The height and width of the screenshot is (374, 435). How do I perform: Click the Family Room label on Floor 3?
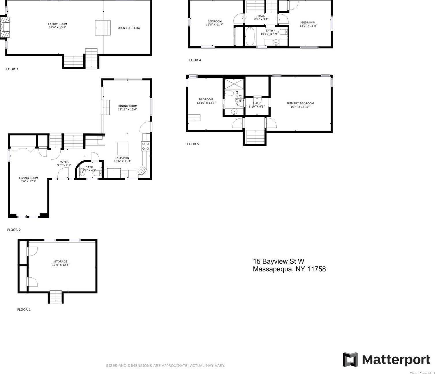click(57, 24)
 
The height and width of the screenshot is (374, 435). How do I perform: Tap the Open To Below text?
click(129, 28)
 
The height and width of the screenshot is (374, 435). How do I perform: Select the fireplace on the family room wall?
click(5, 27)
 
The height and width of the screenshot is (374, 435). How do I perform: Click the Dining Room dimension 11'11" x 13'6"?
click(127, 110)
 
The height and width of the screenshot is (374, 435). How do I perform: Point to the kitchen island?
click(123, 148)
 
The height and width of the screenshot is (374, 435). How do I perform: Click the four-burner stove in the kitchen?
click(145, 146)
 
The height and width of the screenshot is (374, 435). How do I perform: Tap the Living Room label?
click(29, 178)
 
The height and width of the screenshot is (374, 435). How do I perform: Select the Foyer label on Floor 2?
click(64, 162)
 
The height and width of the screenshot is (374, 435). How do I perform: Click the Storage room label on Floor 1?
click(61, 262)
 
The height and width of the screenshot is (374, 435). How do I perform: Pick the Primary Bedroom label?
click(300, 103)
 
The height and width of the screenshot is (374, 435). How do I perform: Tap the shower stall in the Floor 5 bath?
click(234, 84)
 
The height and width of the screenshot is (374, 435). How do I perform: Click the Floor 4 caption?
click(194, 60)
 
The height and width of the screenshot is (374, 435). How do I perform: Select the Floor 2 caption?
click(14, 230)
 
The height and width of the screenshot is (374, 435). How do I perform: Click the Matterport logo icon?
click(350, 359)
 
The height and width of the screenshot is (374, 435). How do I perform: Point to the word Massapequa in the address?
click(273, 269)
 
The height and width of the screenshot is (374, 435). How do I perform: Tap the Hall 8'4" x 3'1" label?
click(261, 18)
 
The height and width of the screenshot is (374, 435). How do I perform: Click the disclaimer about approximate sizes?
click(166, 366)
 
